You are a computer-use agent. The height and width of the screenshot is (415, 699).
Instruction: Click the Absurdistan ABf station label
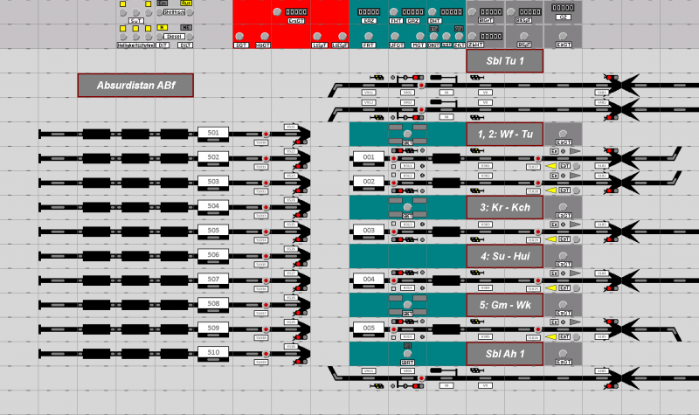tap(135, 85)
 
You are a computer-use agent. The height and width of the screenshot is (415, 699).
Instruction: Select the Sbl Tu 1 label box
tap(505, 60)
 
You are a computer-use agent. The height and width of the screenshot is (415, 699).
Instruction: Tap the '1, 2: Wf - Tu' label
tap(505, 134)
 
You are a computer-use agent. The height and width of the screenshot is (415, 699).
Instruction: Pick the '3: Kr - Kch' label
tap(505, 207)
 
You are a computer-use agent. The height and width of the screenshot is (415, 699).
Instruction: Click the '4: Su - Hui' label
tap(505, 256)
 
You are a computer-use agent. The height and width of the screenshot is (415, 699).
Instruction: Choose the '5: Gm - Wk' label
tap(505, 305)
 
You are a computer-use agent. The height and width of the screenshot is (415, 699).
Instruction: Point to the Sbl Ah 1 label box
tap(505, 354)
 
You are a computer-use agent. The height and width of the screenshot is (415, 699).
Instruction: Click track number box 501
tap(213, 133)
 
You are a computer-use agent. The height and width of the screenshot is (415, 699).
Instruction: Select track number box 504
tap(213, 206)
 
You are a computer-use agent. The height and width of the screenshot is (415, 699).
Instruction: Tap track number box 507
tap(213, 280)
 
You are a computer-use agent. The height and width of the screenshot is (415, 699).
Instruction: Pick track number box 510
tap(213, 353)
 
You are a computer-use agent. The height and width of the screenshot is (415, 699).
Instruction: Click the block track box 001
tap(369, 157)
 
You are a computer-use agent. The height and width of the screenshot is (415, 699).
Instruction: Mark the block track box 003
tap(369, 231)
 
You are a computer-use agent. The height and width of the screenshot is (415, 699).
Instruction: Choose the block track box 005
tap(369, 329)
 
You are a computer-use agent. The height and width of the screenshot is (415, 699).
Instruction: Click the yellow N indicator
tap(163, 27)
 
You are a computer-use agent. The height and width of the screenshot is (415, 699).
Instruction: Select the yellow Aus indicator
tap(186, 3)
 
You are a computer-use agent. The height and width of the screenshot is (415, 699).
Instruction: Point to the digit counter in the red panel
tap(295, 11)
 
